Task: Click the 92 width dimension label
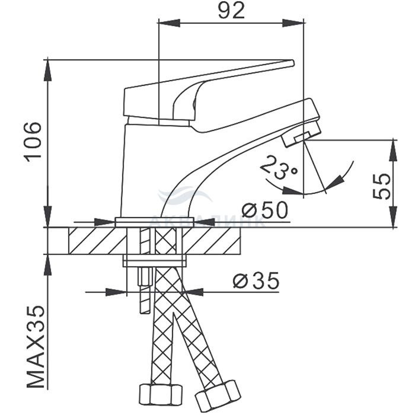click(x=231, y=11)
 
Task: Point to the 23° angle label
click(x=278, y=168)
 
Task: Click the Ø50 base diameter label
click(x=264, y=210)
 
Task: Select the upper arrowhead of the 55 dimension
click(x=393, y=148)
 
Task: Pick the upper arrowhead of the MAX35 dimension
click(x=47, y=264)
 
